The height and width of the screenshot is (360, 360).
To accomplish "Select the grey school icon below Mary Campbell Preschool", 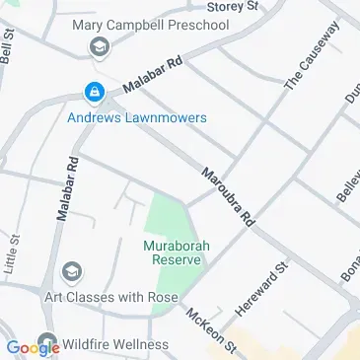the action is tap(99, 46).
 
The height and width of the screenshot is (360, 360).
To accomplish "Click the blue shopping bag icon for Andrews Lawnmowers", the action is tap(94, 94).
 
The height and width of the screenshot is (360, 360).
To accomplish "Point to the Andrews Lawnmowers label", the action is tap(137, 117).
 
